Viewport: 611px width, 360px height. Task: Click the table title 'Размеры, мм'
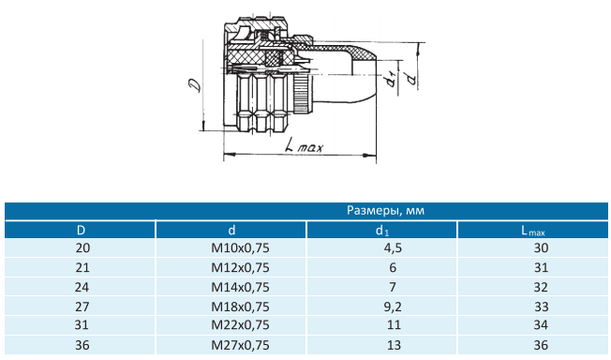385,211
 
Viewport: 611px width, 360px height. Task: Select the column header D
81,230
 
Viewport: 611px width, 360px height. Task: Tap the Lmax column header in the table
533,231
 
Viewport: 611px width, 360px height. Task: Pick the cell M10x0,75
240,248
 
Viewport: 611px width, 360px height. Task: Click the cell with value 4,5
393,248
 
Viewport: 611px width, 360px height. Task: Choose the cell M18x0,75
240,307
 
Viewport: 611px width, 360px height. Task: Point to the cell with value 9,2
393,307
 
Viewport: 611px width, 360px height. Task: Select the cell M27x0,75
240,345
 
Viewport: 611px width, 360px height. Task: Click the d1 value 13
394,345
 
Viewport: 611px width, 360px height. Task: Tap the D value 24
82,287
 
